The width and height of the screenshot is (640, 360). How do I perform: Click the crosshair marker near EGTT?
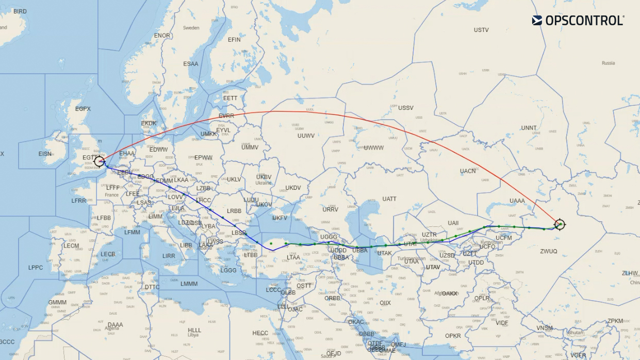[100, 161]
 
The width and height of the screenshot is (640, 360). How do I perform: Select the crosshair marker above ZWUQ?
[560, 224]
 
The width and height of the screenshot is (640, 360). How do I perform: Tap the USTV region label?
[481, 30]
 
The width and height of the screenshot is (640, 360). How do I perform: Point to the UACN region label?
[468, 171]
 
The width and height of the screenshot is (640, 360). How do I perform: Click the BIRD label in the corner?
[20, 11]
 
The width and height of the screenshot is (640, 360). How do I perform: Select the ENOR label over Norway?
[162, 36]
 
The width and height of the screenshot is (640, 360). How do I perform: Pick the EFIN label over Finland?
[234, 40]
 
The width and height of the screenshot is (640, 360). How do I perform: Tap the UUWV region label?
[306, 136]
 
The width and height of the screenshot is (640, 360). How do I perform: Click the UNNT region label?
[529, 128]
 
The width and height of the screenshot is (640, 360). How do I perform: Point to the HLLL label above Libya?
[194, 330]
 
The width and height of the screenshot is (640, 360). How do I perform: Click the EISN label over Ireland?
[45, 154]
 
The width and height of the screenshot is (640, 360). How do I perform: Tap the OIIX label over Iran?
[385, 303]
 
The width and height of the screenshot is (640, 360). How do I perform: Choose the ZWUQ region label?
[549, 251]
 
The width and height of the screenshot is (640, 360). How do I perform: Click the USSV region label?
[406, 108]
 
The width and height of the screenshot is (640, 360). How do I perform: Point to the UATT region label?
[389, 199]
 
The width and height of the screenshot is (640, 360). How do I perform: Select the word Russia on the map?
[608, 63]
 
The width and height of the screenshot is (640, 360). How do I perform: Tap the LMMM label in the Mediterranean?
[189, 284]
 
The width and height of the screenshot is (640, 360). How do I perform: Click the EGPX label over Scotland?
[83, 109]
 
